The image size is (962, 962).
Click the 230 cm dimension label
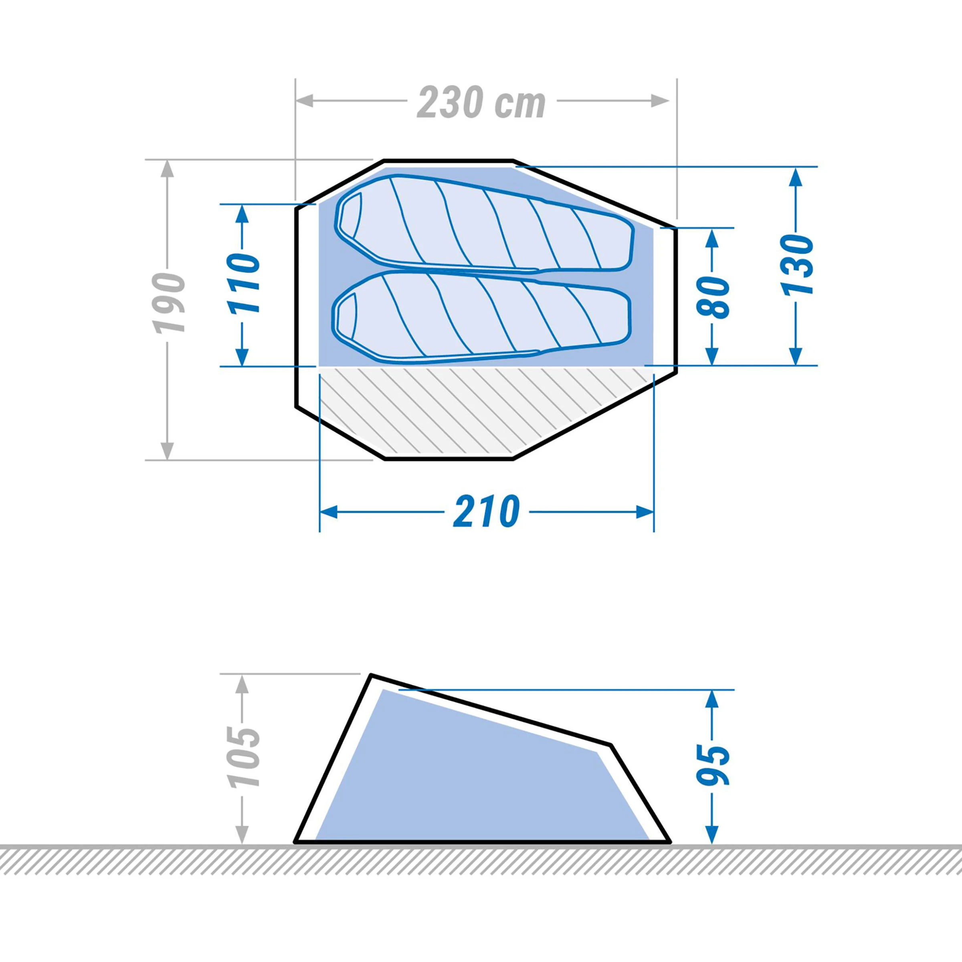tap(481, 103)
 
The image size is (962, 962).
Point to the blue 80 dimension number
tap(713, 297)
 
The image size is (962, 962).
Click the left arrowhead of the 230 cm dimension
tap(305, 101)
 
